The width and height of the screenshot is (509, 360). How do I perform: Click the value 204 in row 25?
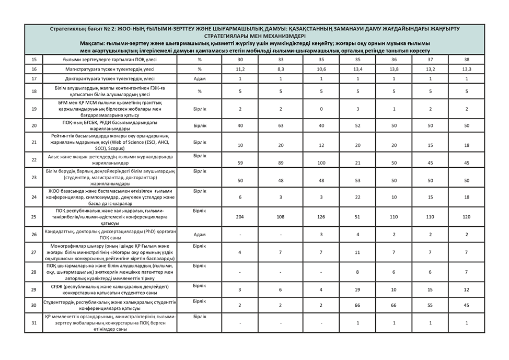click(240, 216)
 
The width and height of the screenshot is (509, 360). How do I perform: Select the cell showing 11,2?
click(240, 69)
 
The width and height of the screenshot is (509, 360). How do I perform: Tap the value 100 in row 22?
click(321, 163)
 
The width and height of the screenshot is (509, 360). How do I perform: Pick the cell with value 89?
click(281, 163)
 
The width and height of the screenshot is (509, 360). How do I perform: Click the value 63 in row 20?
click(281, 126)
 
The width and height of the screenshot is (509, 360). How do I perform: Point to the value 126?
click(321, 216)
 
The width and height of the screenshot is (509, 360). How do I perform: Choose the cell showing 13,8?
click(394, 69)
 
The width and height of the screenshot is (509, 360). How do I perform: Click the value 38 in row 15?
click(467, 60)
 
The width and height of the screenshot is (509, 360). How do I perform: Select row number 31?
click(34, 323)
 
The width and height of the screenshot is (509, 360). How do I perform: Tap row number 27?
click(34, 252)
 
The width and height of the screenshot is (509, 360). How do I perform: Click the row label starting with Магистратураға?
click(110, 69)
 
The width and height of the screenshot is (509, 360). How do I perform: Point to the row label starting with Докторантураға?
click(110, 78)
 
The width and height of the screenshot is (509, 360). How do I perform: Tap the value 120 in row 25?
click(467, 216)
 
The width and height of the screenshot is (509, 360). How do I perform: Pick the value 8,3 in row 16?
click(281, 69)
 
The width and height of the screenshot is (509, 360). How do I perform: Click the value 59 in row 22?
click(240, 163)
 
